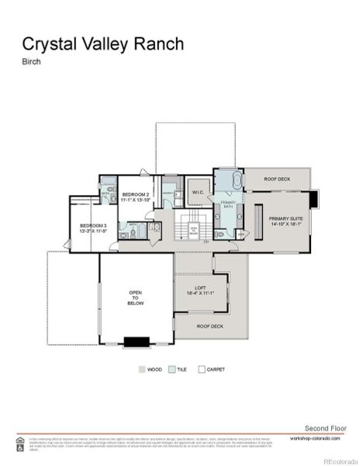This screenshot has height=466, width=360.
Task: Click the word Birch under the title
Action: [x=31, y=64]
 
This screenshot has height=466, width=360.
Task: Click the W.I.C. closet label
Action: [x=197, y=190]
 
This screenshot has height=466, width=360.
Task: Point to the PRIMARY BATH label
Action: [x=228, y=205]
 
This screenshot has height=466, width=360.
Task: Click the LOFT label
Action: [x=199, y=290]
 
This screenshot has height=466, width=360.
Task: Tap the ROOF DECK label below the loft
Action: [x=209, y=326]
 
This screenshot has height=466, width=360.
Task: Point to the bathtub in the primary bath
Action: [x=228, y=183]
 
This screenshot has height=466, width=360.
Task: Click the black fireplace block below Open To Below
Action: [x=137, y=341]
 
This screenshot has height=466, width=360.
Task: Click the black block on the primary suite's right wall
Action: [x=313, y=199]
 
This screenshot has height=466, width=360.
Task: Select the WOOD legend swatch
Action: [x=142, y=370]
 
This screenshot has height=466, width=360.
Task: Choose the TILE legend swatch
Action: [x=172, y=370]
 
